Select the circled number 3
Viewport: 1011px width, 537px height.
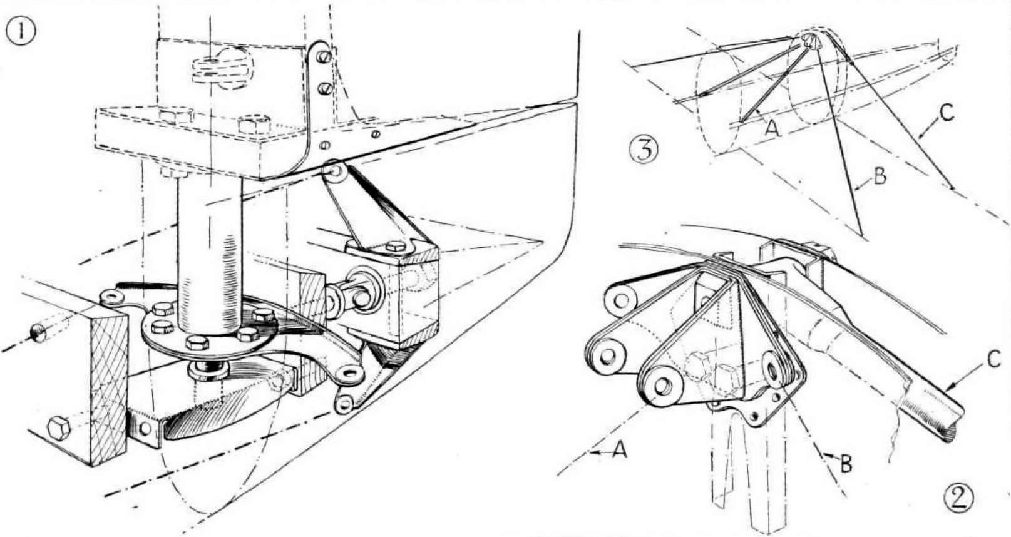pyautogui.click(x=644, y=151)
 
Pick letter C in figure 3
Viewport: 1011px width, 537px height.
pyautogui.click(x=947, y=113)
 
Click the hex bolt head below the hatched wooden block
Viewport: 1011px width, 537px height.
pyautogui.click(x=59, y=428)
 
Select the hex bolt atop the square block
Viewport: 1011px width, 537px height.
pyautogui.click(x=396, y=247)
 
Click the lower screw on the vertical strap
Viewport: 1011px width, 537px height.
pyautogui.click(x=324, y=88)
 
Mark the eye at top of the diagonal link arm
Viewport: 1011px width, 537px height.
pyautogui.click(x=334, y=172)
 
